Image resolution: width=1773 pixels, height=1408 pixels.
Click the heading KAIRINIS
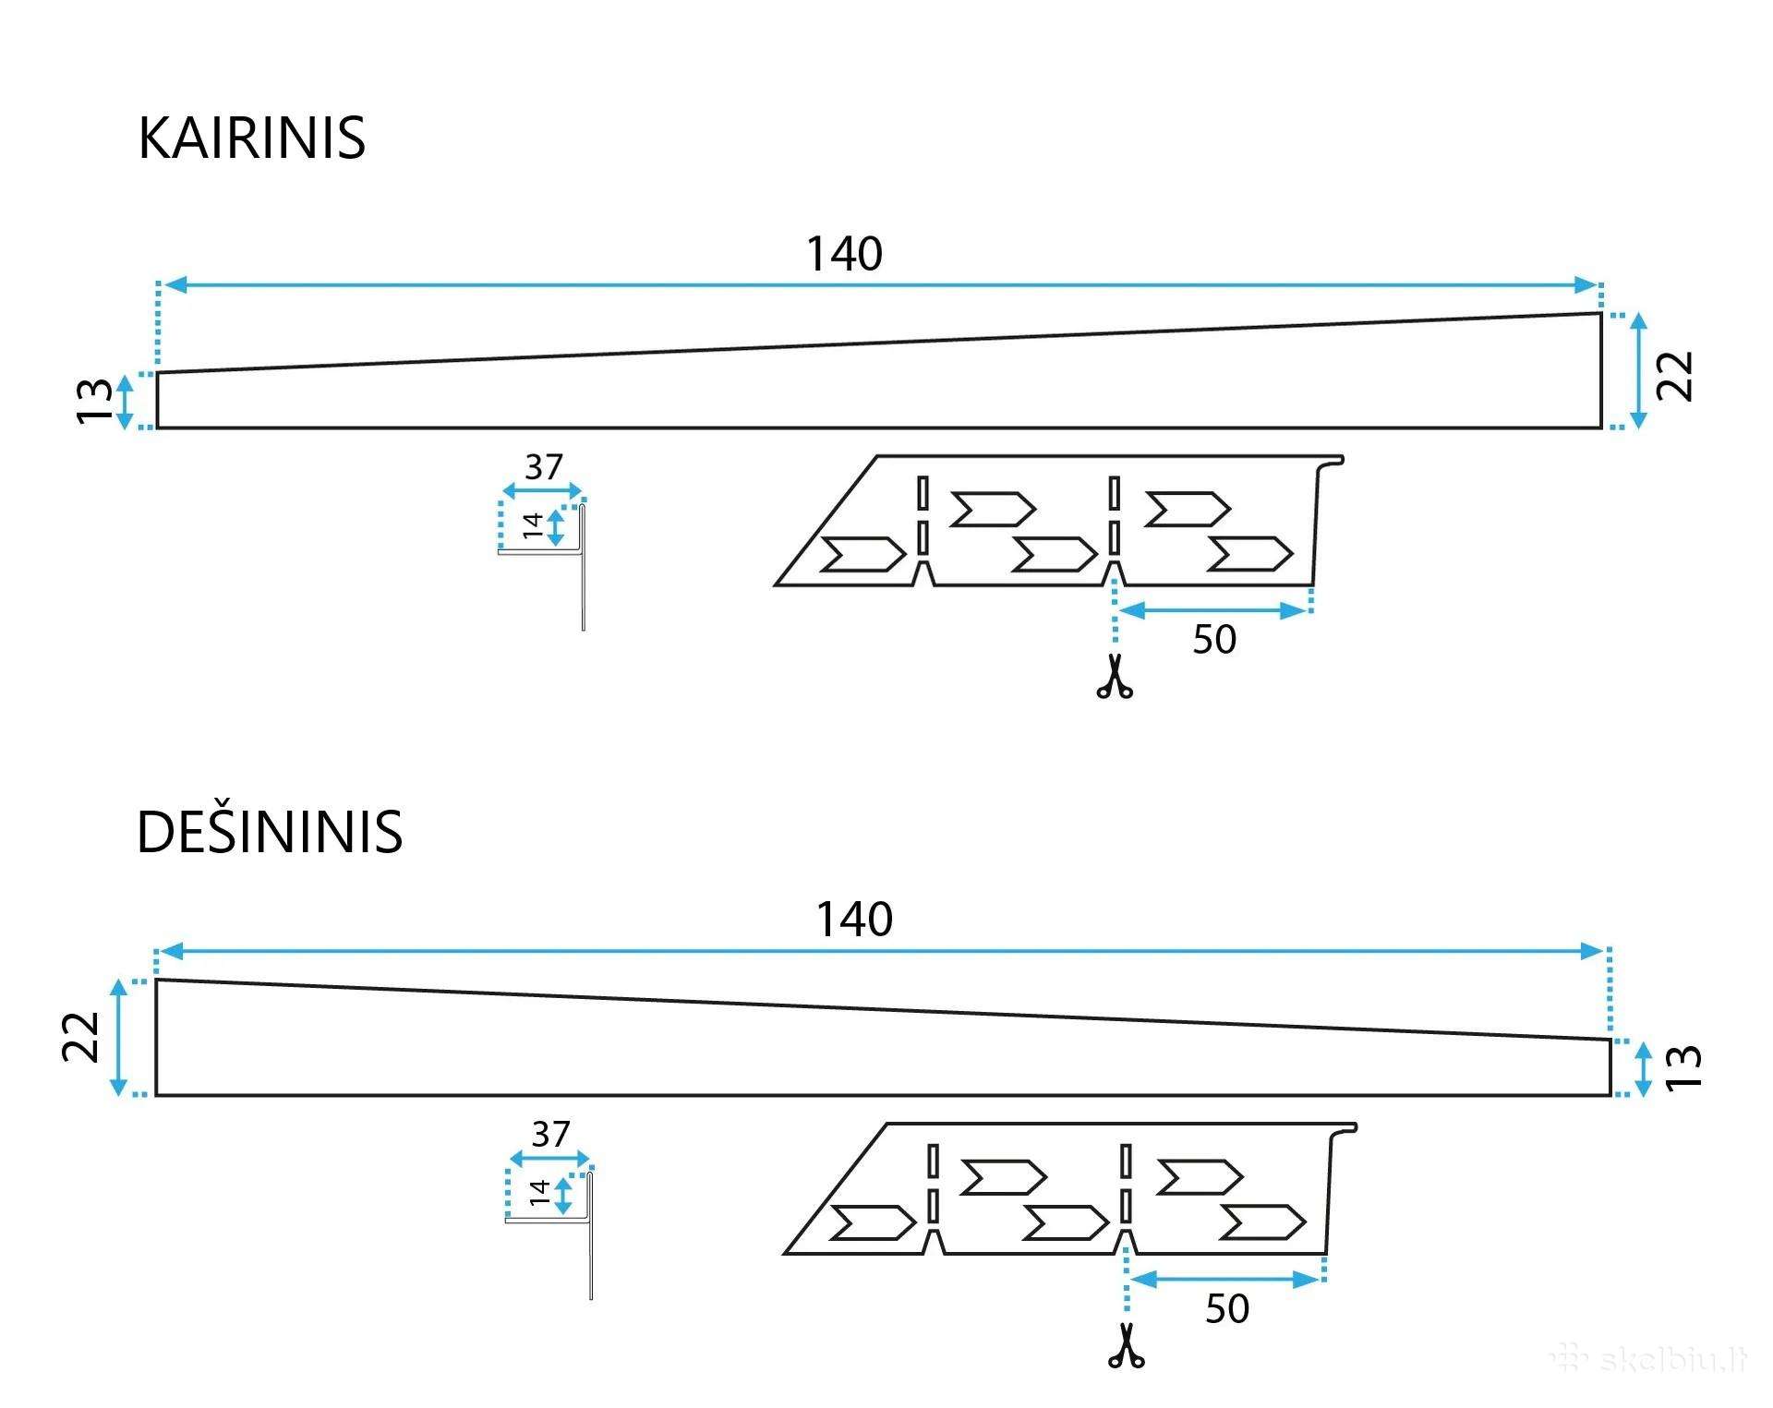(251, 138)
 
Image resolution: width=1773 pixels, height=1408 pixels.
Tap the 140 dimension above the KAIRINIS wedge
(844, 254)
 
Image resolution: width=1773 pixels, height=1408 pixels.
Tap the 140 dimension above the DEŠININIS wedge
(854, 920)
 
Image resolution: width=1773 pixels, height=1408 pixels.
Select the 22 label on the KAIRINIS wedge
(1674, 375)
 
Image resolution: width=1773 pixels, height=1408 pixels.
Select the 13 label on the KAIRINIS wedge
(94, 401)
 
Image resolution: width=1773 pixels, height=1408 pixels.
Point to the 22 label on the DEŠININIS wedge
(81, 1037)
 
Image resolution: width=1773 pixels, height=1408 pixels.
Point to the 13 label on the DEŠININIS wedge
(1683, 1067)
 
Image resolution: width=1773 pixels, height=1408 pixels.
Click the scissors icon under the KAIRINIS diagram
(1115, 676)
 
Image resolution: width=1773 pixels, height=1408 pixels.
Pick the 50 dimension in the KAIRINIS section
(1213, 639)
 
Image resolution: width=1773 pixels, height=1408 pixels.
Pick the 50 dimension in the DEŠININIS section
(1226, 1308)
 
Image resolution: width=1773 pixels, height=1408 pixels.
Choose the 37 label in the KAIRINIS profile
(543, 467)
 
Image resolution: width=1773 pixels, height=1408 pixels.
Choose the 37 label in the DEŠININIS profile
(550, 1134)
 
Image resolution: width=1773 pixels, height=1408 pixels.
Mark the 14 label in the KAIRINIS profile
(532, 525)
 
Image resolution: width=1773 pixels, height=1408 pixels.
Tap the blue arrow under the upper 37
(542, 490)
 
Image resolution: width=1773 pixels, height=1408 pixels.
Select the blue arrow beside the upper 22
(1638, 371)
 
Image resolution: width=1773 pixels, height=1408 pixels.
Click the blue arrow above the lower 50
(1225, 1279)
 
